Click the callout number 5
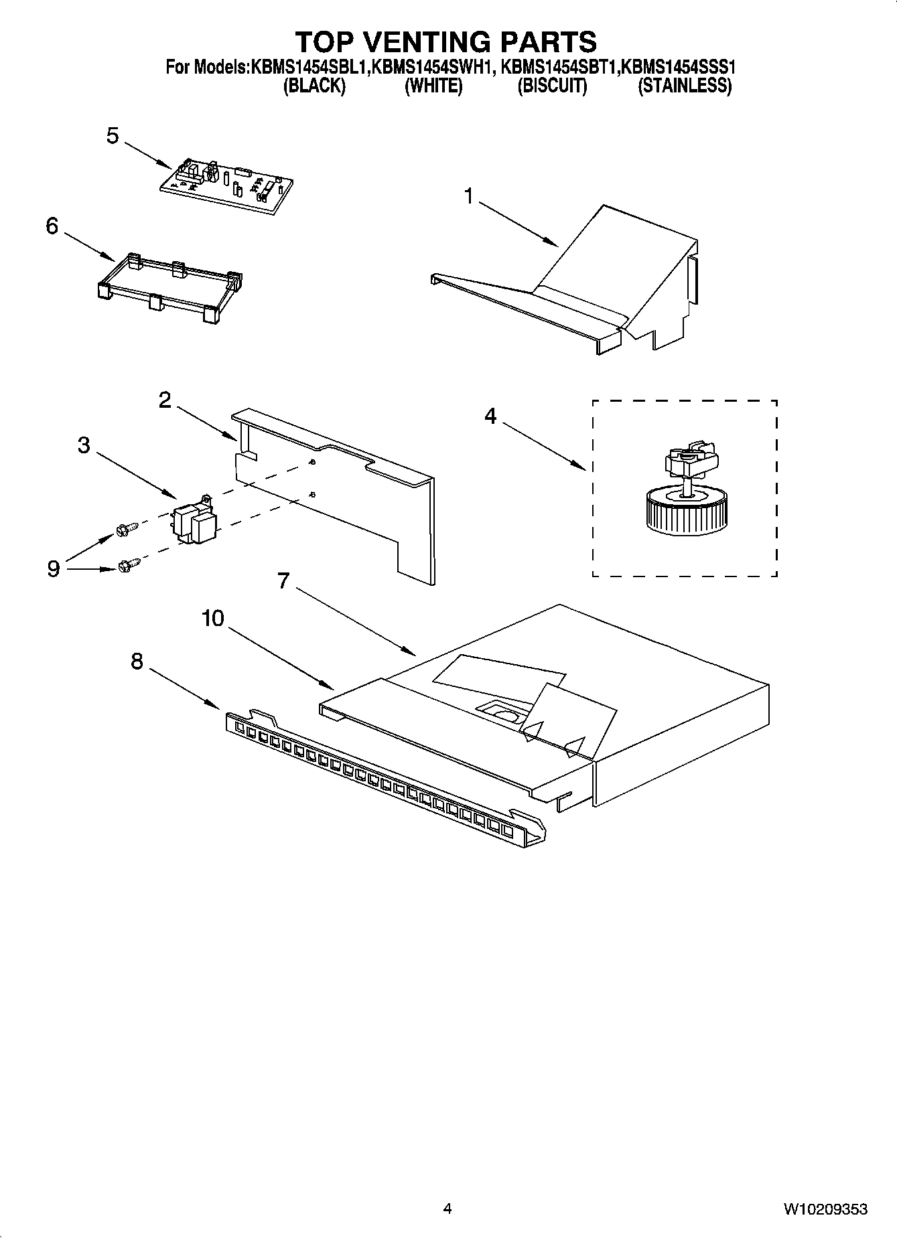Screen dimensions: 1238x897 [113, 136]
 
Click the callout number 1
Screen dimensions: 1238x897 [468, 196]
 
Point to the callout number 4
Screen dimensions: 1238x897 [490, 416]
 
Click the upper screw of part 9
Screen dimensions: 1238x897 [127, 529]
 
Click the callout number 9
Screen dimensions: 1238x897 [54, 568]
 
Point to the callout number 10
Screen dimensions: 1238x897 [212, 618]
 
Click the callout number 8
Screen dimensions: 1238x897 [137, 662]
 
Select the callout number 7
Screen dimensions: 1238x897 [283, 581]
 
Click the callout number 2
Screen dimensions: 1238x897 [164, 400]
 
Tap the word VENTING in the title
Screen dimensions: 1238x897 [446, 42]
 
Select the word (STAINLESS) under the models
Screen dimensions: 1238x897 [684, 86]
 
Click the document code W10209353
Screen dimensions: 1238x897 [825, 1209]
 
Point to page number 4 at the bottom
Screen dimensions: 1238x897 [447, 1209]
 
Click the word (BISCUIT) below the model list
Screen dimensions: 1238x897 [552, 86]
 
